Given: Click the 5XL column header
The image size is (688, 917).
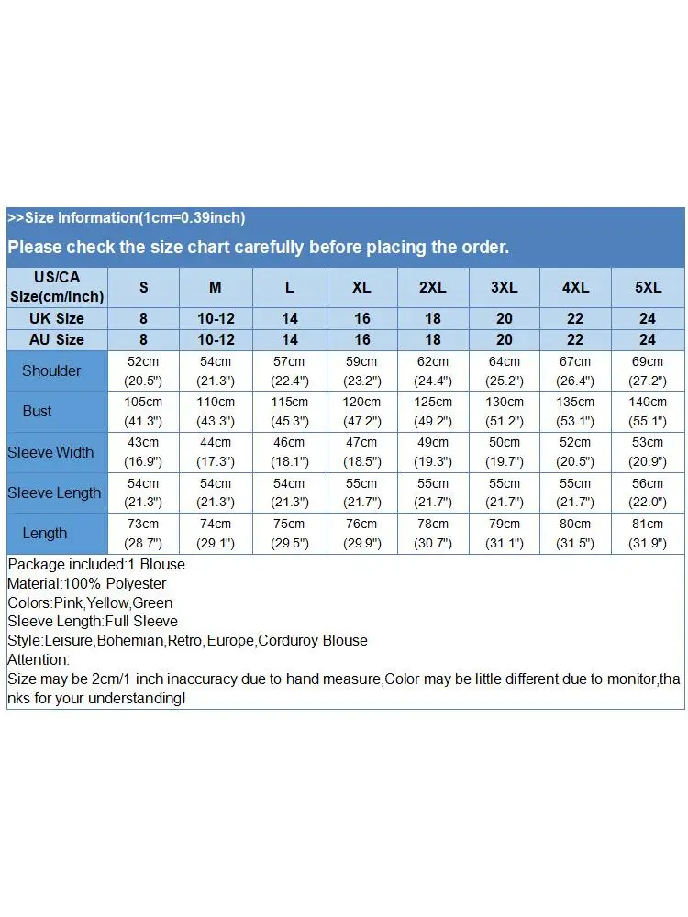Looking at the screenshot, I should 648,287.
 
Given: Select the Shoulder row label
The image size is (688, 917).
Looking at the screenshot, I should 51,370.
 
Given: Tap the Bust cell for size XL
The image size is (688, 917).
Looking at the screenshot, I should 361,411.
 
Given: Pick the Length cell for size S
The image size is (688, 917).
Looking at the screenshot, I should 143,533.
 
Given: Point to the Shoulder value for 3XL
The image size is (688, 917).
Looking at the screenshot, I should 504,370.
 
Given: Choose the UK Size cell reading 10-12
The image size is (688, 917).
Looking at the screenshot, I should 216,318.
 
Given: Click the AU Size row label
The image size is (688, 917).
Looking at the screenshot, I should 58,339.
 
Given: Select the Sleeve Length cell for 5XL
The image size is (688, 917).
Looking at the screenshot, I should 648,492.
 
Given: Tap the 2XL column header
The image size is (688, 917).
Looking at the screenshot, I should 432,287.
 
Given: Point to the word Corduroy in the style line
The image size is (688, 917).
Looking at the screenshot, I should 290,640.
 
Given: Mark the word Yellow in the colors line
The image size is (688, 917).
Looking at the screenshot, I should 107,602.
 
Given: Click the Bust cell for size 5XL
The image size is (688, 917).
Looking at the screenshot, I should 648,411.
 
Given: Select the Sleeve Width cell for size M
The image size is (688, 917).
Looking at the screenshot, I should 216,452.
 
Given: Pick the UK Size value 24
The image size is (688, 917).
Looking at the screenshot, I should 648,318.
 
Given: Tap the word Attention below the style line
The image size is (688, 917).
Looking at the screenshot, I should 38,659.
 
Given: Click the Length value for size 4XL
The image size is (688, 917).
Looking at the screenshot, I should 575,533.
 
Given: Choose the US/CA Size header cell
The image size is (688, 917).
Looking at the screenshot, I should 57,287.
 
